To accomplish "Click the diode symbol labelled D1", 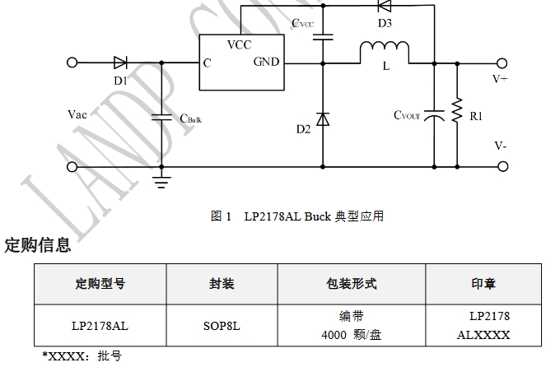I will click(x=119, y=62).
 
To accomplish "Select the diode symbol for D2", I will click(x=323, y=119).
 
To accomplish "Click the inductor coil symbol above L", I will click(x=385, y=52).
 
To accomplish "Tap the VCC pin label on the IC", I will click(x=239, y=44).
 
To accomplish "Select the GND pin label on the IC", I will click(x=266, y=62).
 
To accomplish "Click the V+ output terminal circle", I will click(x=501, y=62).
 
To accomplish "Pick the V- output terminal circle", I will click(x=501, y=167).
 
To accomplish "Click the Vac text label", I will click(x=77, y=114).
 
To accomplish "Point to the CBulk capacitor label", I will click(x=190, y=118).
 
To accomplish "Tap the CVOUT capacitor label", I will click(x=407, y=115).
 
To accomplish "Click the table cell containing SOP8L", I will click(x=222, y=325).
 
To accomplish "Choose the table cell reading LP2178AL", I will click(x=100, y=325).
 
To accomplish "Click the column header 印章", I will click(x=483, y=284).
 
